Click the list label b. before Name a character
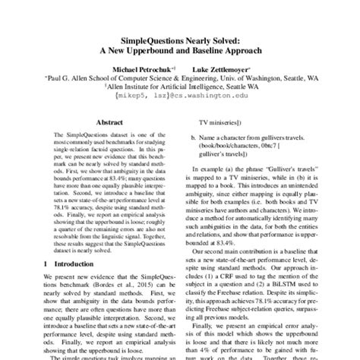click(x=194, y=140)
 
